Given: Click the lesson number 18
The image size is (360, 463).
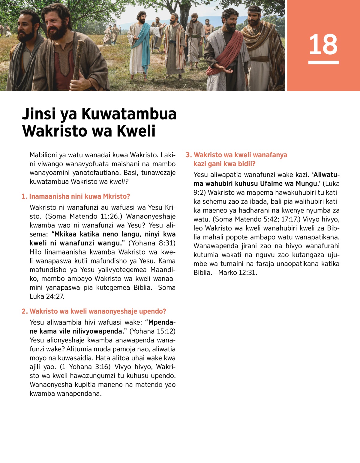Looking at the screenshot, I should point(323,44).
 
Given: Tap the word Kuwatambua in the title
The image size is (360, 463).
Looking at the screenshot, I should point(129,114).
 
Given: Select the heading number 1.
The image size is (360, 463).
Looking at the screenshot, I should point(24,197).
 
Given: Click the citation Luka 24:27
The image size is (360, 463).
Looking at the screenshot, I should point(47,296).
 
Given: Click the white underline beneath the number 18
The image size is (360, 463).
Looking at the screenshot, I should point(323,62).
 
